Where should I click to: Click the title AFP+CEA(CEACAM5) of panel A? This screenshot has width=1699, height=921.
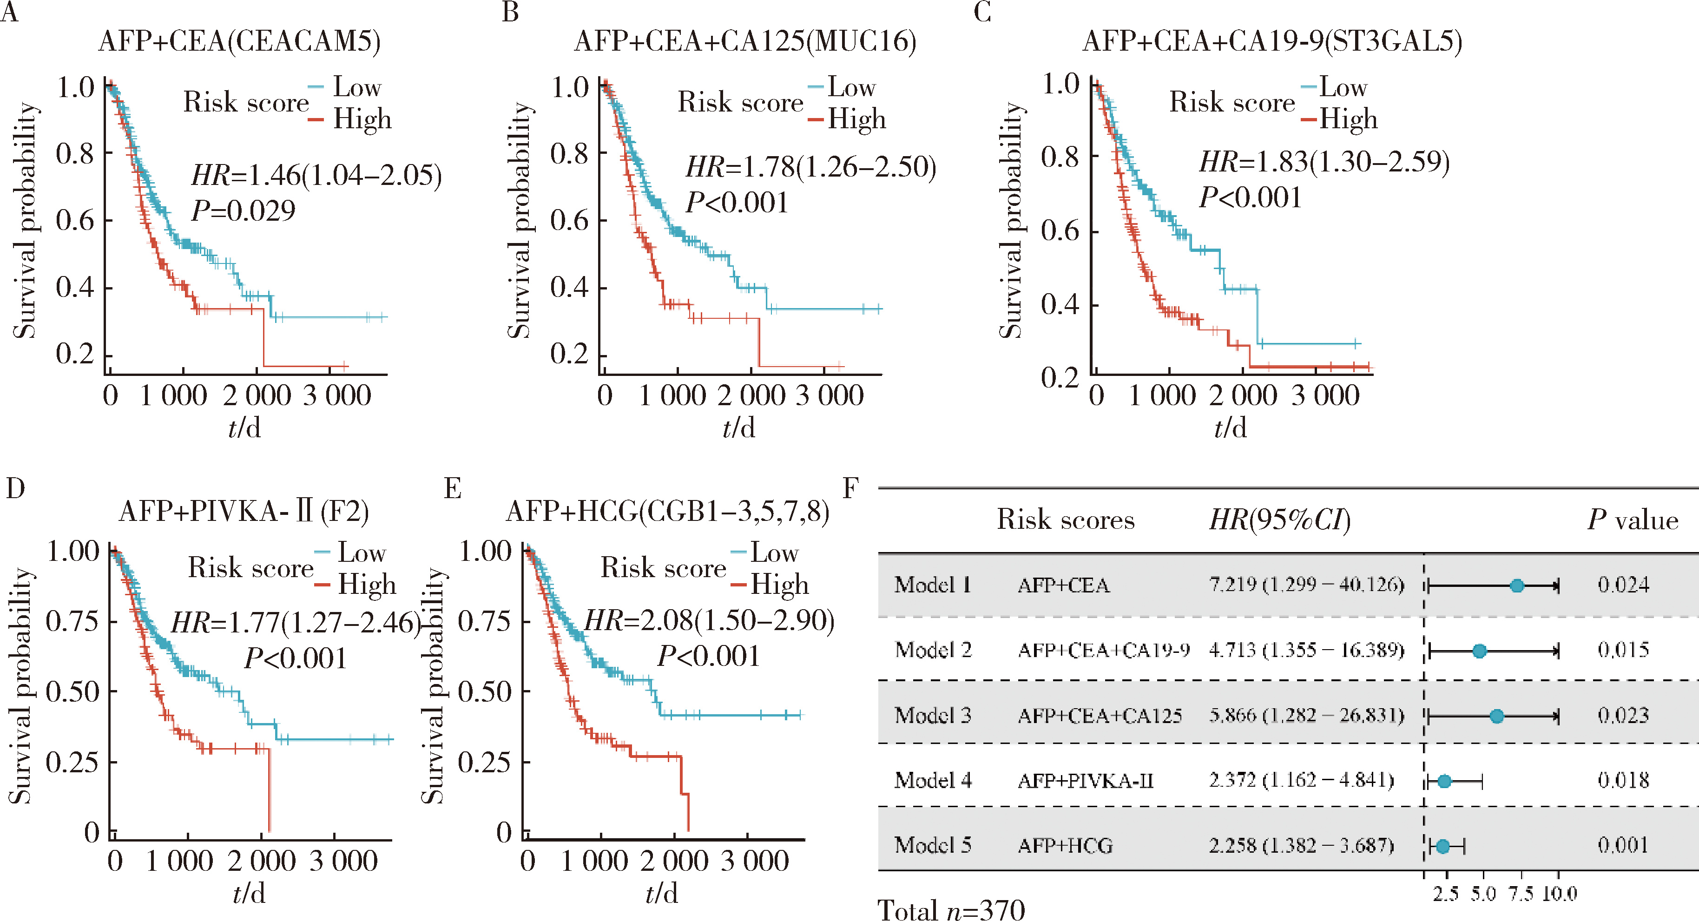(x=239, y=41)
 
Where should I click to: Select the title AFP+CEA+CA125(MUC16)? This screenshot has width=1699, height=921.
(x=745, y=41)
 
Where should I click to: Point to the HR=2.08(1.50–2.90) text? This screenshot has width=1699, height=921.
(x=710, y=621)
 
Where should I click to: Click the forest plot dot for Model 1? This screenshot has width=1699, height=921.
(x=1517, y=585)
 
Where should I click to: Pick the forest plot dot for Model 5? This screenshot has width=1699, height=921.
(x=1443, y=846)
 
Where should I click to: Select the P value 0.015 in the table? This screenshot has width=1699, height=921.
(x=1623, y=650)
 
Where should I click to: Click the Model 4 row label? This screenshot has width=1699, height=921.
(x=933, y=781)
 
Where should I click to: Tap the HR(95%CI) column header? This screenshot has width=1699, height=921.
(x=1279, y=520)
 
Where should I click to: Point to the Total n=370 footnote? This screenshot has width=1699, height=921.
(x=951, y=909)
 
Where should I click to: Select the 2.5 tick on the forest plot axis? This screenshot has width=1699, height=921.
(x=1446, y=894)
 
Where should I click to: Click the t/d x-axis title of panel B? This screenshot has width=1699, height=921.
(x=739, y=428)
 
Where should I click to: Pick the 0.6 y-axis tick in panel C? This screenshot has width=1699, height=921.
(x=1059, y=231)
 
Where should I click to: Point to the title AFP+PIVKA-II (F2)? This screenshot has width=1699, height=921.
(x=244, y=512)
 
